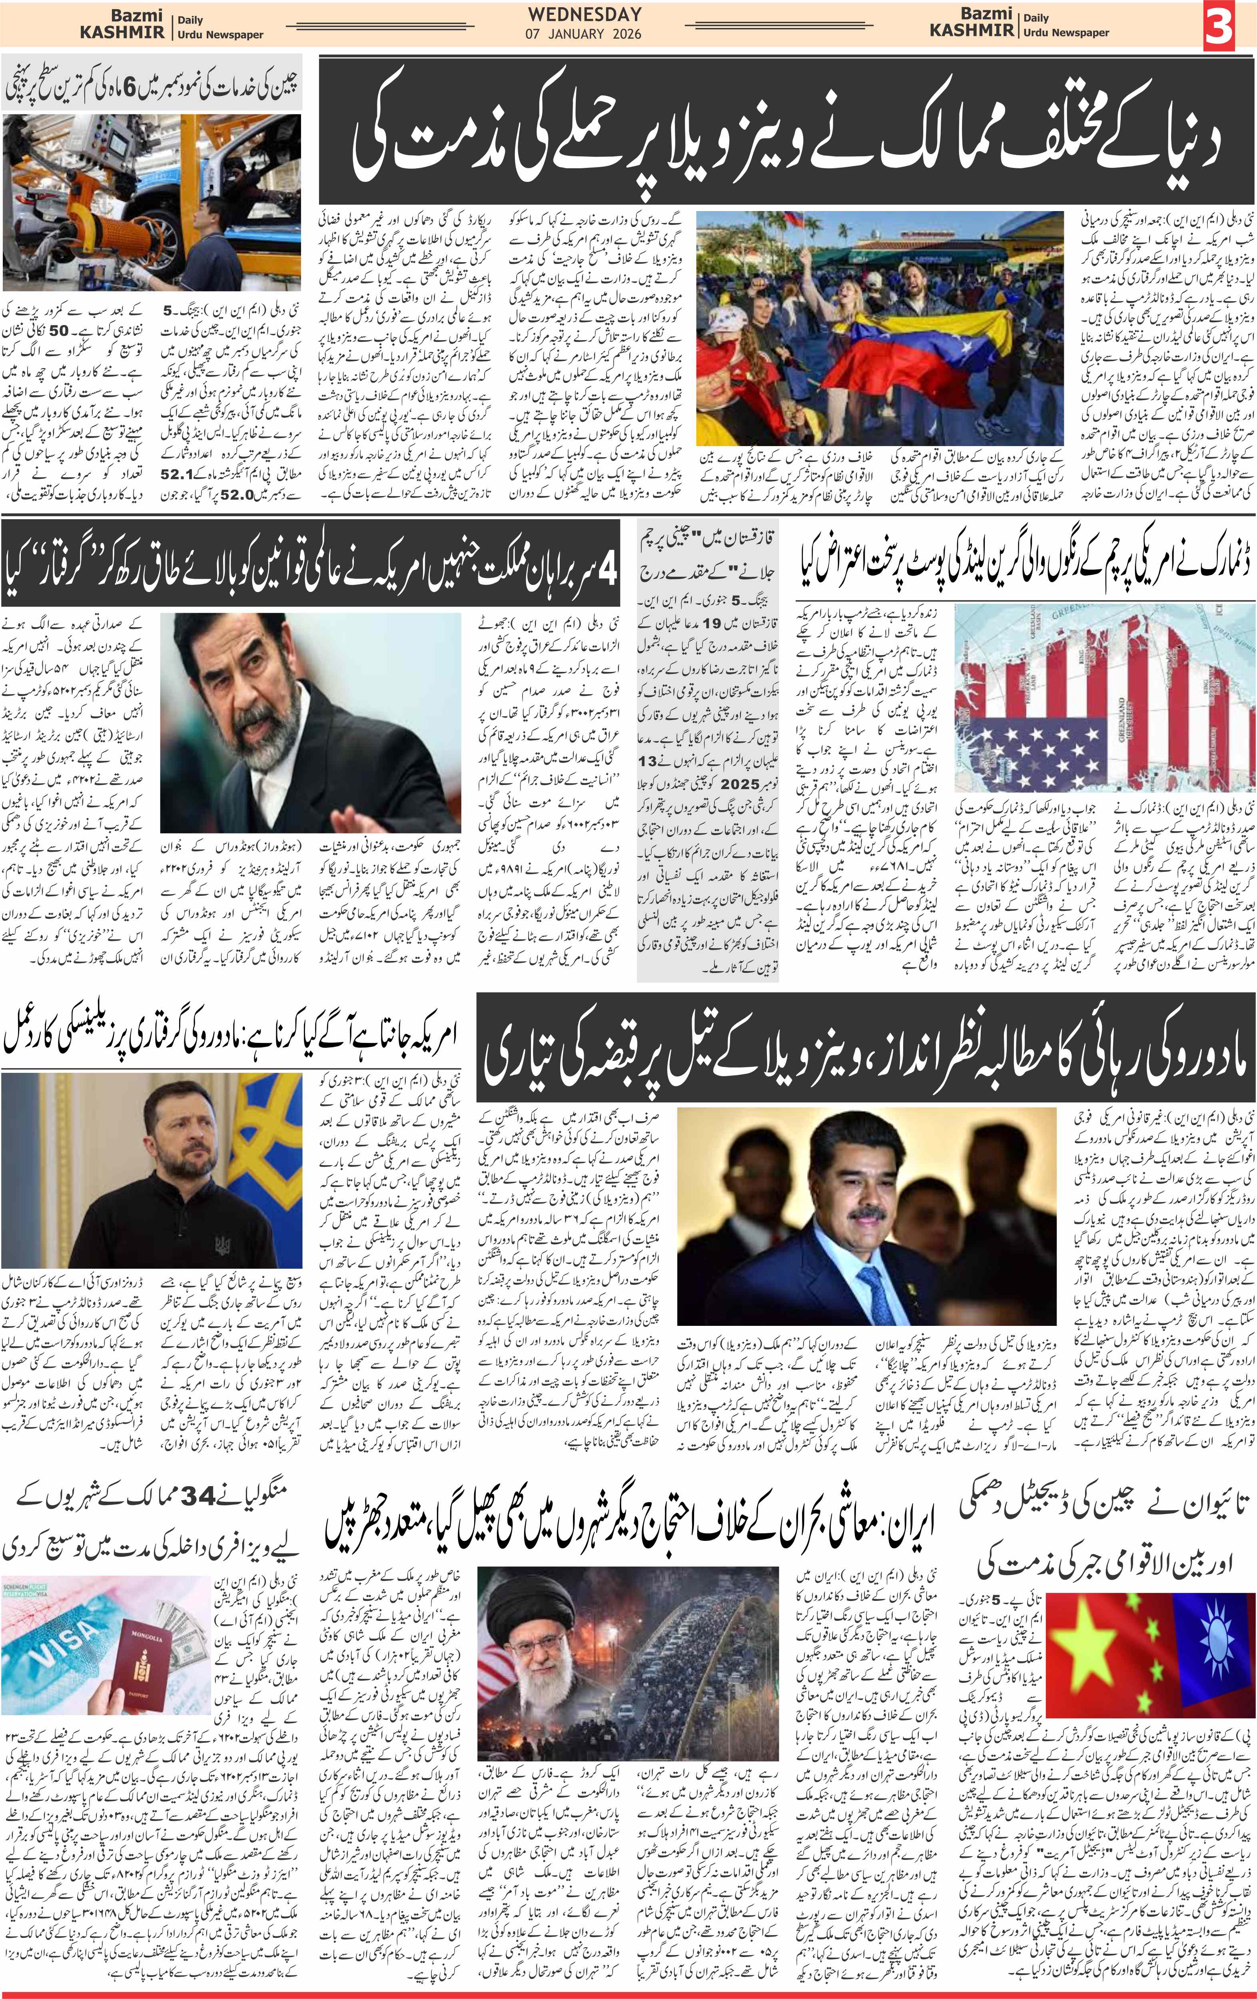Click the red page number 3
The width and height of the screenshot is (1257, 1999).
pyautogui.click(x=1218, y=26)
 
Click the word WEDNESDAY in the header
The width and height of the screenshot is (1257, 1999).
pyautogui.click(x=584, y=14)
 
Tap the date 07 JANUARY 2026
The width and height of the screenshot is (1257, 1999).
pyautogui.click(x=584, y=35)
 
